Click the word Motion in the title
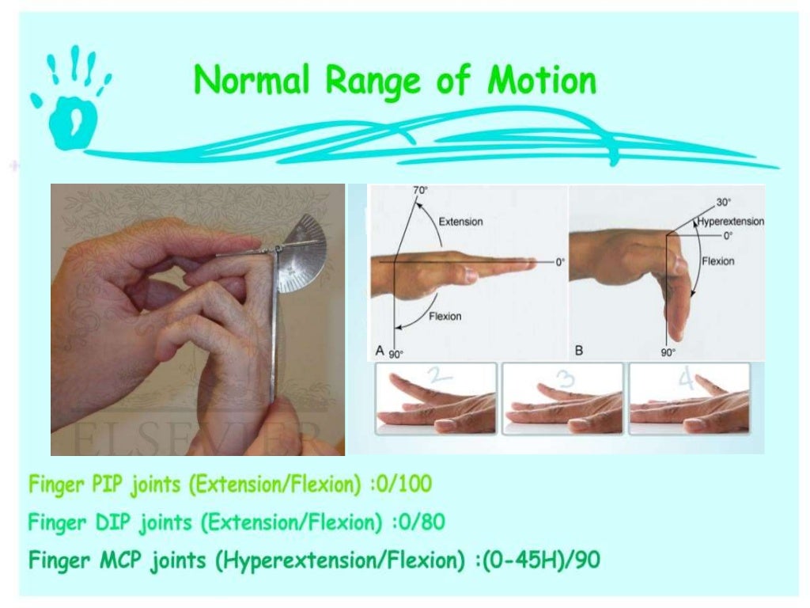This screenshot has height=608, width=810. (542, 82)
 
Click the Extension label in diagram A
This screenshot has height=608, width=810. (460, 222)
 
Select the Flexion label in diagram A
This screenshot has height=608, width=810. (445, 317)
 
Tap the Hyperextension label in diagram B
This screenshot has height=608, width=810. (730, 222)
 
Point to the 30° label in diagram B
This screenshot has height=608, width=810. (724, 202)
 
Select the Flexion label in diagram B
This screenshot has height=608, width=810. (718, 261)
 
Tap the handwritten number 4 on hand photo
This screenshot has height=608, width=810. (684, 380)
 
